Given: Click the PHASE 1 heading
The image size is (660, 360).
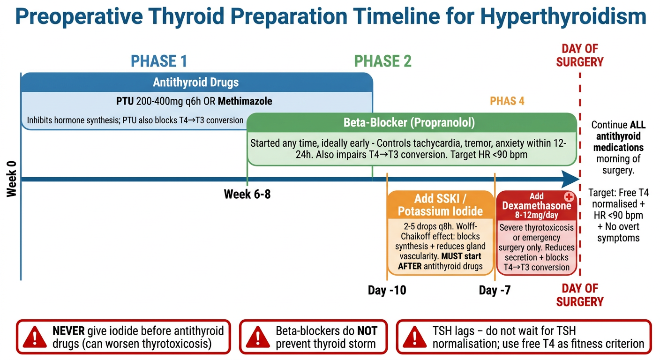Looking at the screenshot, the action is (x=159, y=61).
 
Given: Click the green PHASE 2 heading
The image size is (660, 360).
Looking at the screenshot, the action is (x=382, y=61).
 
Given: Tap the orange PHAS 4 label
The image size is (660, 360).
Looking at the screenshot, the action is (x=507, y=101).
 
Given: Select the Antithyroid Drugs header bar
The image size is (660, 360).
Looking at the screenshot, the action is (x=197, y=82).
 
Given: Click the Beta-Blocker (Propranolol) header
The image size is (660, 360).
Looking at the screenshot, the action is (x=412, y=122).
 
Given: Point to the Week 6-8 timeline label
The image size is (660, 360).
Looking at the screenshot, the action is (x=247, y=194).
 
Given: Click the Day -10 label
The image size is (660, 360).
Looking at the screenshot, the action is (x=387, y=290).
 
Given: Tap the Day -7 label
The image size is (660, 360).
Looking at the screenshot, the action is (x=495, y=290).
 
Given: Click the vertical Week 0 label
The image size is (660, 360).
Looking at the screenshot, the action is (x=12, y=179).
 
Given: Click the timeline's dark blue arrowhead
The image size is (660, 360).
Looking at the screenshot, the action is (x=570, y=179).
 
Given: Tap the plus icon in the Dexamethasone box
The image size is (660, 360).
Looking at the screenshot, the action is (x=569, y=197).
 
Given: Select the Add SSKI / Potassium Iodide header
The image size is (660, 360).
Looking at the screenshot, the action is (x=440, y=205).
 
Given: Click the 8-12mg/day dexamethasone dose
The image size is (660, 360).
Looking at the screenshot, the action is (x=537, y=215).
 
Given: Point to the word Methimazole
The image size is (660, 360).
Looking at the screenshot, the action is (x=245, y=101).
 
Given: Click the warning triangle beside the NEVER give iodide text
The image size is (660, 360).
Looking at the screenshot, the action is (x=35, y=337).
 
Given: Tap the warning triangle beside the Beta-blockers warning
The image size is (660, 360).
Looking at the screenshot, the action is (x=258, y=337).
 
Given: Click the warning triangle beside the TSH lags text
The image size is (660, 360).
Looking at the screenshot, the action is (x=414, y=337).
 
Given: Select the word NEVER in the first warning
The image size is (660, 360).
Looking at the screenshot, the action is (x=68, y=331).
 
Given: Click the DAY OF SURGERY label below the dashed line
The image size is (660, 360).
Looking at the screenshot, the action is (x=579, y=295).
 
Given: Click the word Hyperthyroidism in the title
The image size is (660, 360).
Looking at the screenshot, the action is (x=563, y=16).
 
